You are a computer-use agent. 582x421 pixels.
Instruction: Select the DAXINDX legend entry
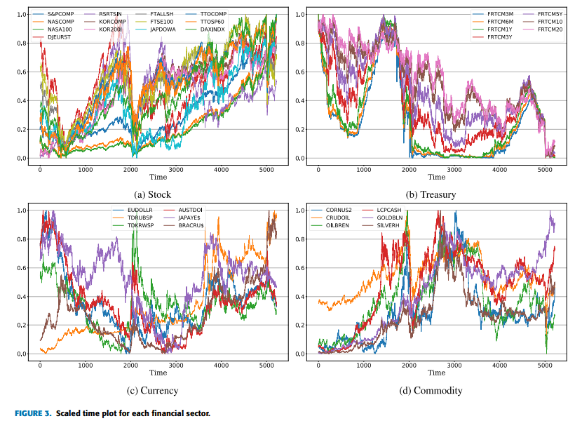215,29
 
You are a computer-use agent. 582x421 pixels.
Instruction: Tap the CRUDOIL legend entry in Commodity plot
341,218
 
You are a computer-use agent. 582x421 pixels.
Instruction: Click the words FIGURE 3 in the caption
33,413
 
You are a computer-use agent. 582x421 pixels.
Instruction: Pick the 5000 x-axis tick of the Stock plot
266,169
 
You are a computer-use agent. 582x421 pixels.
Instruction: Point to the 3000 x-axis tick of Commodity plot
454,365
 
